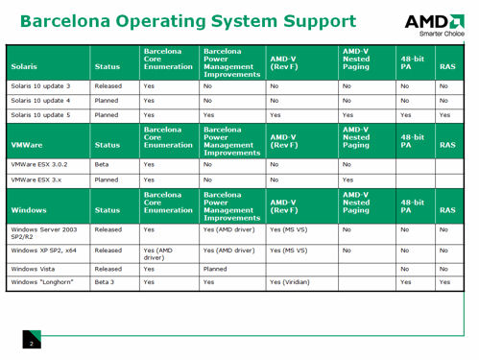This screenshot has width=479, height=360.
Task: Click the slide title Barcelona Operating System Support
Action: [x=187, y=21]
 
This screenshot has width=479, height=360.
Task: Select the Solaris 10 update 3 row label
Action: [x=41, y=85]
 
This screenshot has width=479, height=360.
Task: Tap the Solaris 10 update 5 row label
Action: [x=41, y=114]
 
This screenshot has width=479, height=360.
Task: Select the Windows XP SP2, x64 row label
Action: [x=44, y=250]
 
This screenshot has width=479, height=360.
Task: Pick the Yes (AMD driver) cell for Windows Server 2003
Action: [x=228, y=230]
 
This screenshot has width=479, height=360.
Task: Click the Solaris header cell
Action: [x=25, y=66]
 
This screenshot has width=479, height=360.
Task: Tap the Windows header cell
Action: [x=29, y=207]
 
